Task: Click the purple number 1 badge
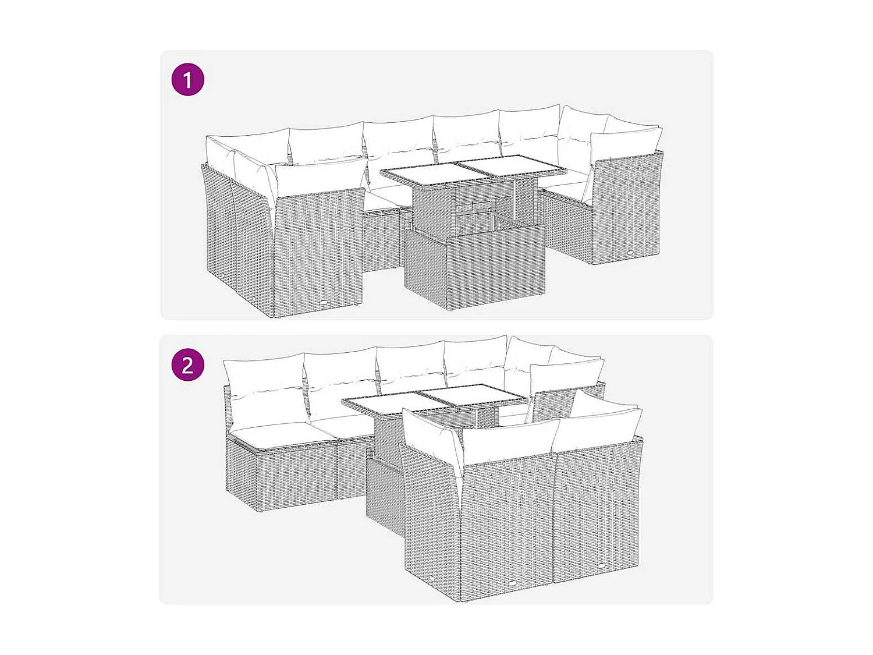[187, 80]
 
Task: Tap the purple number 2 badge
[187, 365]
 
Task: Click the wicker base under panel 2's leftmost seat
[279, 475]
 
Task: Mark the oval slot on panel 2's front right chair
[601, 564]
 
